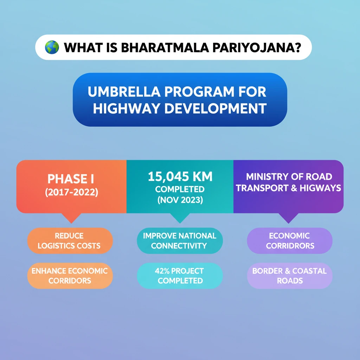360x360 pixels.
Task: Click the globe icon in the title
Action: pyautogui.click(x=52, y=47)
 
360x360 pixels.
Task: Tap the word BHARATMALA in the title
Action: pyautogui.click(x=165, y=48)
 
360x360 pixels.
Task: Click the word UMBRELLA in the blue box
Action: pyautogui.click(x=124, y=92)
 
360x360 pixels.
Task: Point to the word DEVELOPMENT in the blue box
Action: pyautogui.click(x=216, y=108)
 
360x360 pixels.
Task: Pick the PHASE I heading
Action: pyautogui.click(x=71, y=179)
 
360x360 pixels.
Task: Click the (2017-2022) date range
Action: pyautogui.click(x=71, y=192)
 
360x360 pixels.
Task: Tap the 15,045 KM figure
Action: pyautogui.click(x=180, y=176)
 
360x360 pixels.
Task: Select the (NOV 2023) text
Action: pyautogui.click(x=180, y=200)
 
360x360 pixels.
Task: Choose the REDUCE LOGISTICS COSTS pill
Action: pyautogui.click(x=70, y=240)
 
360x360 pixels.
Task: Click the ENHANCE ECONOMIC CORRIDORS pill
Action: pyautogui.click(x=70, y=276)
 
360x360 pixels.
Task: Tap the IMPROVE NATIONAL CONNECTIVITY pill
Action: pyautogui.click(x=180, y=240)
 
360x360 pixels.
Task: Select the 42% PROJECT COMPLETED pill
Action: pyautogui.click(x=180, y=276)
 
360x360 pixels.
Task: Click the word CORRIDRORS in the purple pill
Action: pyautogui.click(x=290, y=246)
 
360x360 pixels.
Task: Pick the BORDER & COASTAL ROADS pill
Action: pyautogui.click(x=290, y=276)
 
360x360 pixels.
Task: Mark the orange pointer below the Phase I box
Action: pyautogui.click(x=71, y=218)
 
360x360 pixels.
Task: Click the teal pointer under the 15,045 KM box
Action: pyautogui.click(x=180, y=218)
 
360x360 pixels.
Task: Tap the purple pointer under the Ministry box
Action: pyautogui.click(x=288, y=218)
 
